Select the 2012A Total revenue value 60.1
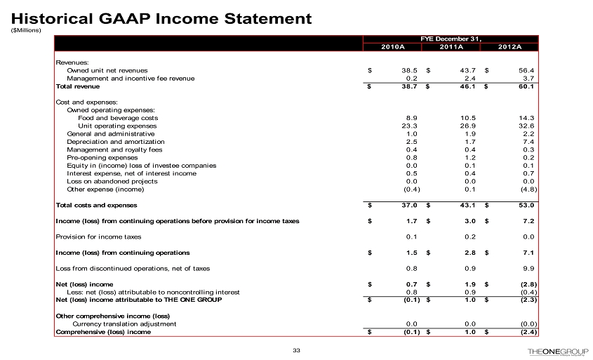coord(526,87)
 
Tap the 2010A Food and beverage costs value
coord(413,118)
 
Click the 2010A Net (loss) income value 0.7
coord(413,284)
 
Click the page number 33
coord(296,351)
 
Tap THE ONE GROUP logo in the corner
coord(558,351)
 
